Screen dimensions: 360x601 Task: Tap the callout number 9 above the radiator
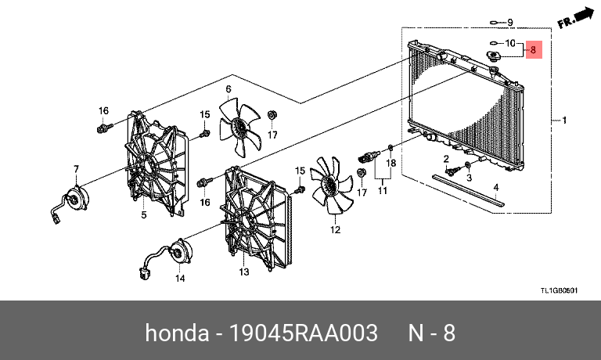click(509, 22)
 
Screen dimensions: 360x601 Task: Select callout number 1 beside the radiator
click(563, 121)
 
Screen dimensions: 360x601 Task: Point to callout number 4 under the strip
click(495, 188)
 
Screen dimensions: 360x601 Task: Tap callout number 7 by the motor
click(76, 169)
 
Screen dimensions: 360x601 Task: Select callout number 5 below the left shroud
click(144, 214)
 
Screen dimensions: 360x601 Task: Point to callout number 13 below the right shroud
click(243, 272)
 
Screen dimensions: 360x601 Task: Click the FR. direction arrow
click(576, 18)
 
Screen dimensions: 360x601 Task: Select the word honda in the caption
click(171, 332)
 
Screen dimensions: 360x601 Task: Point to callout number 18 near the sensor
click(392, 163)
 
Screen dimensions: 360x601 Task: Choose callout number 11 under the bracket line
click(382, 190)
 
